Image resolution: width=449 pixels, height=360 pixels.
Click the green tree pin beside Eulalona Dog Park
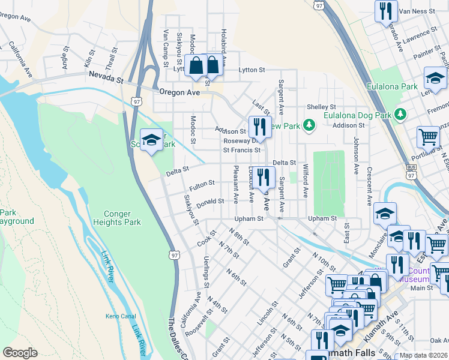coord(399,114)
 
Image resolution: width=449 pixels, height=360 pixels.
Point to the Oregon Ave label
coord(178,92)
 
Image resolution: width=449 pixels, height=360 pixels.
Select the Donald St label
coord(210,202)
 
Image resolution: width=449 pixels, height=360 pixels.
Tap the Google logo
coord(20,353)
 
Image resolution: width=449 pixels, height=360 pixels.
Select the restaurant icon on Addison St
coord(259,126)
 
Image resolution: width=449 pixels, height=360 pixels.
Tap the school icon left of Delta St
coord(151,140)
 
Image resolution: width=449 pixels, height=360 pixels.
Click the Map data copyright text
coord(423,355)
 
